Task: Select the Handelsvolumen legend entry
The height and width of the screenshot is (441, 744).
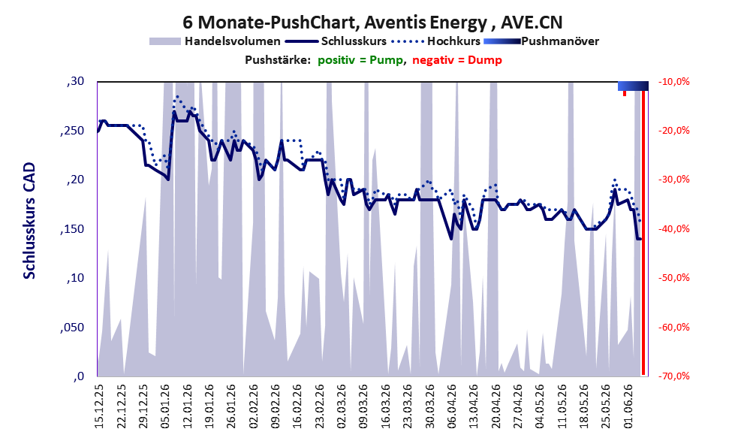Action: (x=215, y=41)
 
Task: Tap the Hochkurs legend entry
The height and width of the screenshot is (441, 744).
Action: (x=436, y=41)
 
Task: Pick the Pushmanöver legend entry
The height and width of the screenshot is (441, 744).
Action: (x=541, y=41)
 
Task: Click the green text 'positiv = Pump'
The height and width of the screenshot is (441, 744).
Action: (x=360, y=60)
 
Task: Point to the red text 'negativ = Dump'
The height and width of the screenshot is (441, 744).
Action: (x=457, y=60)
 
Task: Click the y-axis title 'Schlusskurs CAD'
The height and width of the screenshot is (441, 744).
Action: (x=29, y=221)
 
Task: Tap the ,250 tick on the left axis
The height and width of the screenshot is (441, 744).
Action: (x=72, y=131)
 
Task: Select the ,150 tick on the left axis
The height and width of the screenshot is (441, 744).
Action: (x=72, y=229)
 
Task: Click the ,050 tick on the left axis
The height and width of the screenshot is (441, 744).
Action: (x=72, y=328)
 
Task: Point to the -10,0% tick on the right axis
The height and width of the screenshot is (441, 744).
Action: (x=674, y=82)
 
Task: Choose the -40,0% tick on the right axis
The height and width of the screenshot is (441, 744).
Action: (x=674, y=229)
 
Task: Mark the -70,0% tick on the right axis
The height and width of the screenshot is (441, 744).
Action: (x=674, y=376)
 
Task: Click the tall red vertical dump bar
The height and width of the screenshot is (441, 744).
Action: (x=643, y=233)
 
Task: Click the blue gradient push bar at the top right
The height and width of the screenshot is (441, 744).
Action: (x=633, y=86)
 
